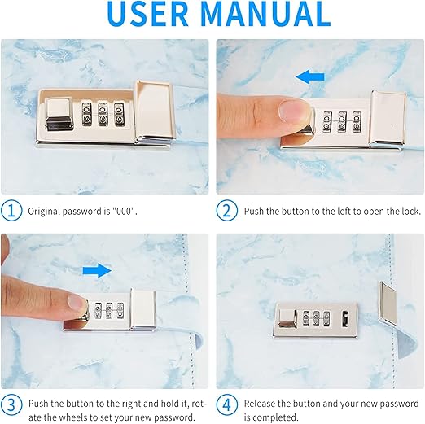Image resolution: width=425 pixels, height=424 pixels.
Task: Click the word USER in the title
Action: (147, 13)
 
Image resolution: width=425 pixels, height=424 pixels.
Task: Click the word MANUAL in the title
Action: (266, 13)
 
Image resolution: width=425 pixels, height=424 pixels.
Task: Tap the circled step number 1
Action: (11, 211)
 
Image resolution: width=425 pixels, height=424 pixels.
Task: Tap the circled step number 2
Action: (227, 211)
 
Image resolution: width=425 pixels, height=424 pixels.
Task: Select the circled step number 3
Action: (11, 404)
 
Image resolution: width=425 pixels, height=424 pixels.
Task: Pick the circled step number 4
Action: (227, 404)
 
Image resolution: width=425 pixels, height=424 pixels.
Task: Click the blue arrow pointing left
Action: (310, 76)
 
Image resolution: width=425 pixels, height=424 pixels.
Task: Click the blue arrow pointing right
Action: (97, 270)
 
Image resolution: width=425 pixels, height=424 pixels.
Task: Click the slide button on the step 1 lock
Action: (59, 114)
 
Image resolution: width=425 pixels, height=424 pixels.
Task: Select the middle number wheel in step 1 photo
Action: (103, 114)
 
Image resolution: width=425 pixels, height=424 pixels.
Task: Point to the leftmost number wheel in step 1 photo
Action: (87, 114)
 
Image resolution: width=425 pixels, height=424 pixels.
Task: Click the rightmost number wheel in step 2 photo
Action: (357, 122)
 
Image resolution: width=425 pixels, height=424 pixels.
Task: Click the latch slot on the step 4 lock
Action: (344, 319)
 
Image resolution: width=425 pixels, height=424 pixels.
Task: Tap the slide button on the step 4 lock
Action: (288, 318)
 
